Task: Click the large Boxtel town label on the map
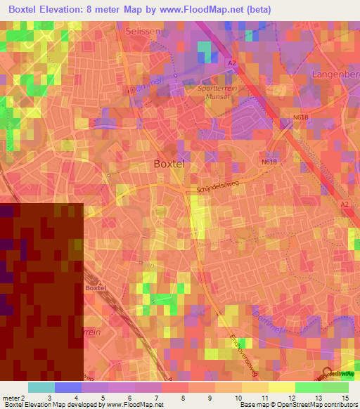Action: [169, 164]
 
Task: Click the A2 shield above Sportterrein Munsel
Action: [231, 63]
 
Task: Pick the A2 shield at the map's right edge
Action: [345, 204]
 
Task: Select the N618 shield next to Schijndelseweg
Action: [269, 162]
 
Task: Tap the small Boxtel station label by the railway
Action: [94, 288]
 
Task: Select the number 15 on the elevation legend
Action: [345, 398]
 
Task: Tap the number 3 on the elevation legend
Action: [49, 398]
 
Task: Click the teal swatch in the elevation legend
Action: [41, 387]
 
